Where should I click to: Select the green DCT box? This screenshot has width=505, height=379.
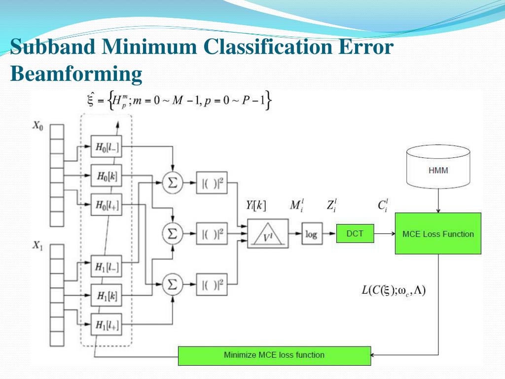[x=355, y=233]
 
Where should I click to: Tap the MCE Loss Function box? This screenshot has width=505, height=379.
[x=437, y=233]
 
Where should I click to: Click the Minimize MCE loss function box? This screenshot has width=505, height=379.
[x=274, y=355]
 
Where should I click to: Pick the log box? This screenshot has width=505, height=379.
[x=311, y=234]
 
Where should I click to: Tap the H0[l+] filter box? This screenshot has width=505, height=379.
[x=107, y=203]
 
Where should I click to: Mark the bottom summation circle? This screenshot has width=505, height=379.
[x=173, y=284]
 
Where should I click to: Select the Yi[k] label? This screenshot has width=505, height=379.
[x=256, y=206]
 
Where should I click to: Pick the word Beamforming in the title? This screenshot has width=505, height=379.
[x=76, y=75]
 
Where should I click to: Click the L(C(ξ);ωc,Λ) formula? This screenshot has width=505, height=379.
[x=393, y=290]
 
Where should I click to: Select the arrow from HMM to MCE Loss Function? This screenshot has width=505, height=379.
[x=438, y=203]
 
